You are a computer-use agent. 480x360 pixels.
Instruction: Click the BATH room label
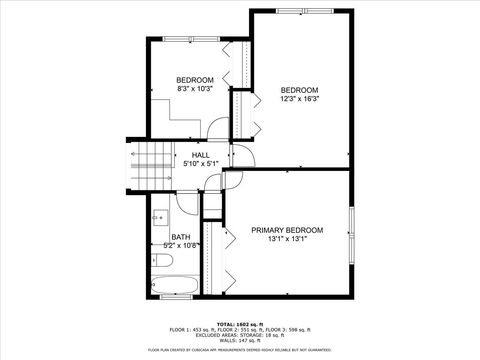181,237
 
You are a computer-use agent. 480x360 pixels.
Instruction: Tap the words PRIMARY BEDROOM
286,230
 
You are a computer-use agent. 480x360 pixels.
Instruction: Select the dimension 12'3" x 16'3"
299,99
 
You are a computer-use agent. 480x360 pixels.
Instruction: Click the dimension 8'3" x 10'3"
195,90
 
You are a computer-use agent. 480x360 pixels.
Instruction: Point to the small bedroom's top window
191,39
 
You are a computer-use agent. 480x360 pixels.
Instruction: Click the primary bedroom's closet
211,250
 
